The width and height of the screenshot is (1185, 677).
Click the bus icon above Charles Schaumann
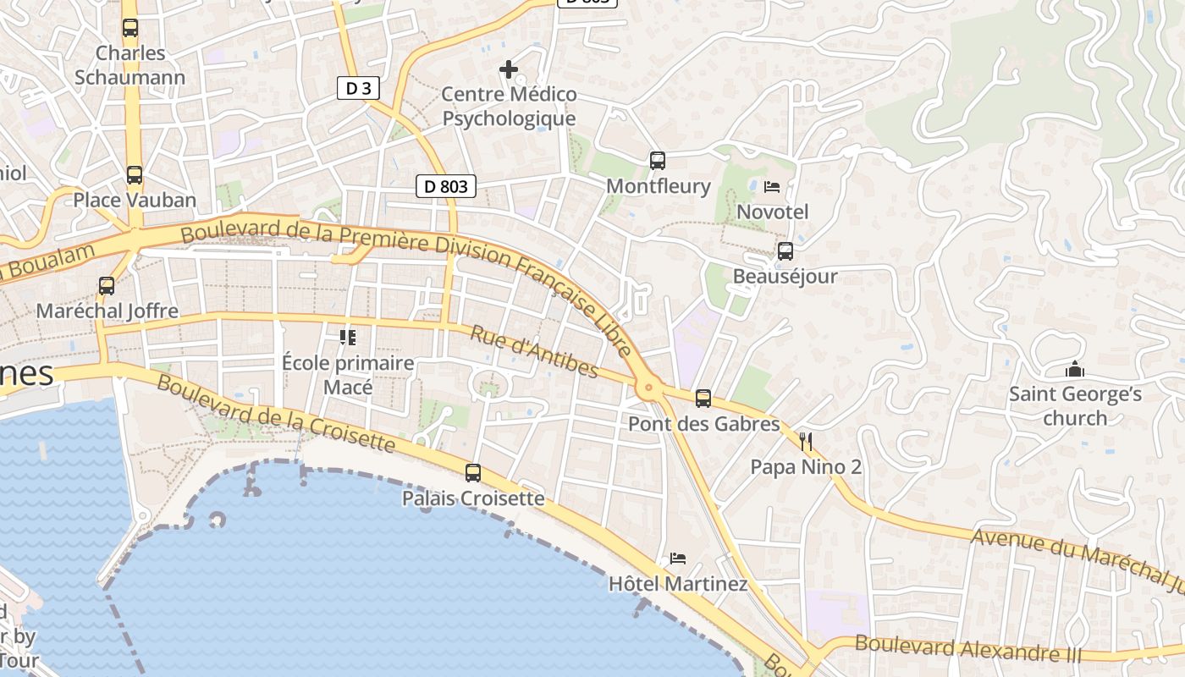click(x=130, y=28)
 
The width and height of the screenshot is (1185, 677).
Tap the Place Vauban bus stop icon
click(x=135, y=175)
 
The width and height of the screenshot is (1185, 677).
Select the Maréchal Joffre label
click(x=107, y=311)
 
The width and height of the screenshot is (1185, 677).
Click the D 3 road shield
click(x=358, y=88)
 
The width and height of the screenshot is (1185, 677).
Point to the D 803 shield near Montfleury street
click(x=446, y=186)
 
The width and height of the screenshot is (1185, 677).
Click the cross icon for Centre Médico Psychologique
click(x=509, y=69)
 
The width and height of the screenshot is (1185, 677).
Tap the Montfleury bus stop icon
click(x=658, y=160)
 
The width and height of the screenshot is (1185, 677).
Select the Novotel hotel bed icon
click(x=772, y=186)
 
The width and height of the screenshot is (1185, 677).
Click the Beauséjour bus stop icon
click(x=785, y=251)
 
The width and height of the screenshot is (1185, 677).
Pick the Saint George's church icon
click(x=1075, y=369)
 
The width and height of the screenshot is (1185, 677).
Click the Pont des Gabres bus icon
click(x=703, y=399)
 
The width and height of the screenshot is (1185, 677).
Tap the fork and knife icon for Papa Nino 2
click(x=806, y=441)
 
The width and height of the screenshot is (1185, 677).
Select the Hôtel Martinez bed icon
click(x=678, y=559)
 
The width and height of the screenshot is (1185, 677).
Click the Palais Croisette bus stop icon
click(x=473, y=473)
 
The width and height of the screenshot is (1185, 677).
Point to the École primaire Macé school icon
click(x=347, y=338)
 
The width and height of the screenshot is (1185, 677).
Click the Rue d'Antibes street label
click(x=534, y=352)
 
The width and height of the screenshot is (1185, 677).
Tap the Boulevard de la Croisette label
click(x=276, y=414)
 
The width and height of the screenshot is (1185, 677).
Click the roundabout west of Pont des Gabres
click(x=649, y=388)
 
